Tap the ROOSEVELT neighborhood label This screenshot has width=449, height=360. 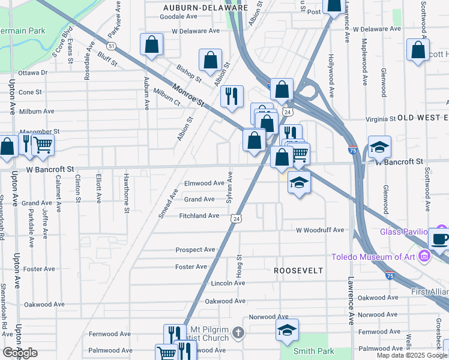tap(298, 271)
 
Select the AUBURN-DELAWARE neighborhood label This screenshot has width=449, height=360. tap(205, 8)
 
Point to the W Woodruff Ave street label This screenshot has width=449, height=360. tap(320, 230)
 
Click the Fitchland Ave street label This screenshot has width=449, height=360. tap(200, 215)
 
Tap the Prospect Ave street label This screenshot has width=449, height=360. tap(195, 250)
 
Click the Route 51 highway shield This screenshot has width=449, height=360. tap(112, 46)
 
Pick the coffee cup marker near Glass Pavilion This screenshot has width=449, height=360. tap(439, 238)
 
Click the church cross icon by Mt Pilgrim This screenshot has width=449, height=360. tap(238, 332)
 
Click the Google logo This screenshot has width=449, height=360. tap(20, 353)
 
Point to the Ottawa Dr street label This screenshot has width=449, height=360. tap(32, 73)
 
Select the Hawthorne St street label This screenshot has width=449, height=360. tap(126, 193)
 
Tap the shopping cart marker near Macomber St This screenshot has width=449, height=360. tap(43, 145)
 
